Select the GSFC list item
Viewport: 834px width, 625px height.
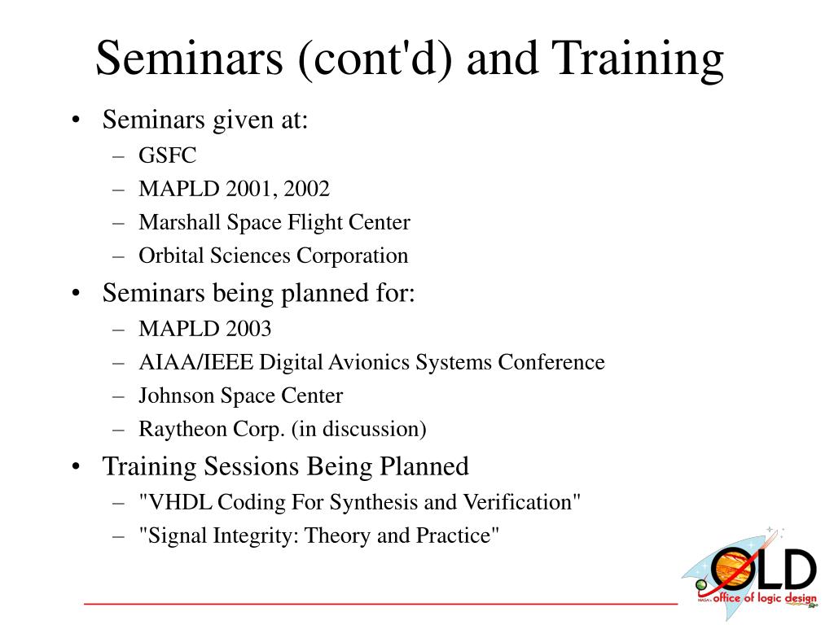[167, 155]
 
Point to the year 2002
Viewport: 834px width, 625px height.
[306, 189]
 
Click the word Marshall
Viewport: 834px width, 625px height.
[180, 222]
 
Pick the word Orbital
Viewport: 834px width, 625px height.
[171, 256]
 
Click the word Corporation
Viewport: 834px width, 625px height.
[352, 256]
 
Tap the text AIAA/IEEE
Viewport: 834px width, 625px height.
[195, 362]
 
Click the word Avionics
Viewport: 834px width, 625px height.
[369, 362]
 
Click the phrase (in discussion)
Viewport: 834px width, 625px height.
[359, 429]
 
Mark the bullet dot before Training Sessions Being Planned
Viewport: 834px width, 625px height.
[76, 466]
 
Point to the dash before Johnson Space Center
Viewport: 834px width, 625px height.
[118, 396]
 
